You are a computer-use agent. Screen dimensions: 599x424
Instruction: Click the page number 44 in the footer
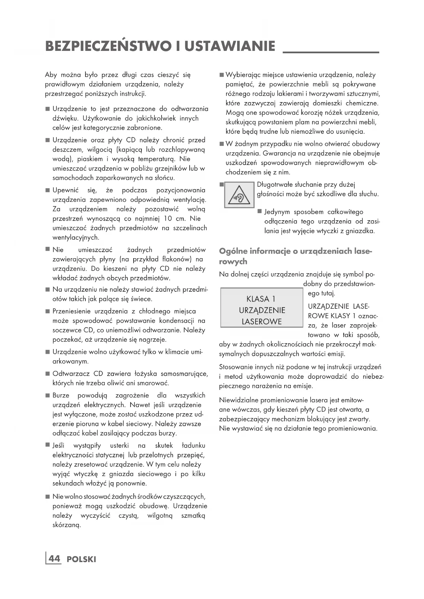(54, 559)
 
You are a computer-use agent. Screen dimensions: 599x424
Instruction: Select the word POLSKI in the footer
(82, 559)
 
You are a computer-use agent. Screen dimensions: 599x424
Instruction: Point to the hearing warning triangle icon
(239, 195)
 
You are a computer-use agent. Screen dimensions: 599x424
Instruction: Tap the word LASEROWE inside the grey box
(262, 321)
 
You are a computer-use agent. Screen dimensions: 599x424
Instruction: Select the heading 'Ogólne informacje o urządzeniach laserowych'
(295, 256)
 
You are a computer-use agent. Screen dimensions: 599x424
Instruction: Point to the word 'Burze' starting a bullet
(61, 395)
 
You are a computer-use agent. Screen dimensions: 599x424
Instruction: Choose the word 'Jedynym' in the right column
(276, 212)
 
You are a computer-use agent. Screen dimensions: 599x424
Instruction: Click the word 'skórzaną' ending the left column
(67, 525)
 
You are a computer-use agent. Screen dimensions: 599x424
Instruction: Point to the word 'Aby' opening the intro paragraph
(51, 75)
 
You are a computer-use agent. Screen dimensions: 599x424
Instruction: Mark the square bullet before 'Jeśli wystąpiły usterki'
(47, 445)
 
